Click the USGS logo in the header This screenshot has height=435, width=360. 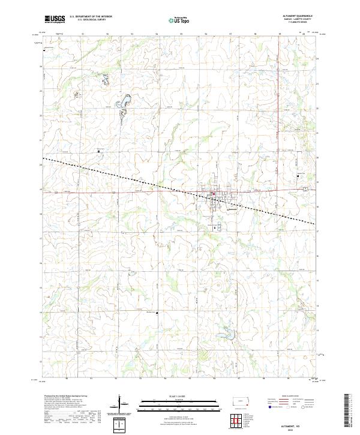click(55, 19)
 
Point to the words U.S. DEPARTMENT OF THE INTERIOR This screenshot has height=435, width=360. click(91, 17)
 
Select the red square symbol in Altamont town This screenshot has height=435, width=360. click(212, 194)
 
